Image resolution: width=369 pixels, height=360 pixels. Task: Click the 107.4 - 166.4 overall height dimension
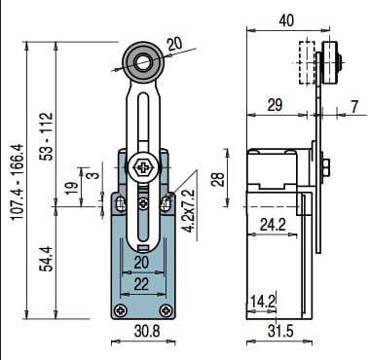point(18,182)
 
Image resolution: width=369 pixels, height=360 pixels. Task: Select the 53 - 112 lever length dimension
point(46,136)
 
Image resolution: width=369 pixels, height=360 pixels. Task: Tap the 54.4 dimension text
point(46,259)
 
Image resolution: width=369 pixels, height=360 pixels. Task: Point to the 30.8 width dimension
point(147,332)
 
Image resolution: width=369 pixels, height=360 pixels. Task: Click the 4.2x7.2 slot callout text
point(189,211)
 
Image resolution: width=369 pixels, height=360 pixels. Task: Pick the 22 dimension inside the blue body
point(141,284)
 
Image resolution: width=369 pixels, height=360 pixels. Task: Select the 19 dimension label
point(71,188)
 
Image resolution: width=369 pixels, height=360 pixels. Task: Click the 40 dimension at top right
point(286,20)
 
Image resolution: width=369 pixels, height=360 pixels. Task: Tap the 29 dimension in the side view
point(275,105)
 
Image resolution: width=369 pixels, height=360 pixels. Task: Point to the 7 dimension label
point(354,106)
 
